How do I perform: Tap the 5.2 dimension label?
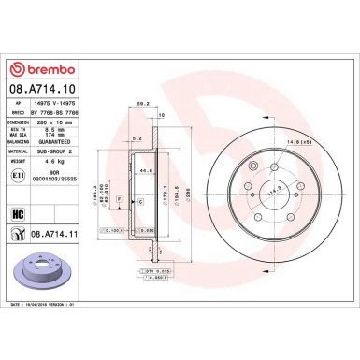coord(136,137)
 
